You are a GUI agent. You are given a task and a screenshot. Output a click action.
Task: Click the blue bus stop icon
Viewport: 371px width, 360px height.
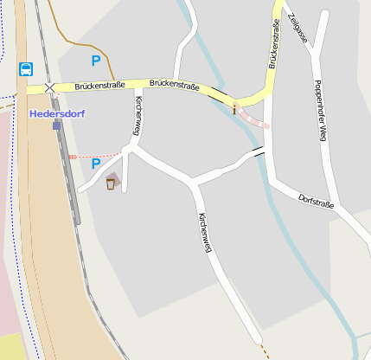(25, 68)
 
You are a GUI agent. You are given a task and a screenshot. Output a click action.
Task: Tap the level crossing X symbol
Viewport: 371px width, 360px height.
(49, 88)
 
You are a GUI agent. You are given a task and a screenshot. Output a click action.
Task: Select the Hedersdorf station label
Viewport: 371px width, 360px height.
(56, 113)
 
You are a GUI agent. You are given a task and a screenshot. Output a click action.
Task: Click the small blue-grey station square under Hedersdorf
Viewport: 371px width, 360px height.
(57, 125)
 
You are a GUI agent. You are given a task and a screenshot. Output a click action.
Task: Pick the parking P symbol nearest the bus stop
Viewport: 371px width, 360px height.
(96, 61)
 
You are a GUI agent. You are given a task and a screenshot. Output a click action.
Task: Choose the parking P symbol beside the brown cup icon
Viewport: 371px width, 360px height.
(96, 163)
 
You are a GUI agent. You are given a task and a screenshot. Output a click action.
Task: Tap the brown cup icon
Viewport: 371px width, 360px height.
(111, 183)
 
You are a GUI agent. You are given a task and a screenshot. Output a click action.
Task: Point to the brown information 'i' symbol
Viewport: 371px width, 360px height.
(234, 109)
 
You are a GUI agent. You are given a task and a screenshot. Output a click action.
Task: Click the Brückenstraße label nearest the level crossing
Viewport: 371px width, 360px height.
(99, 86)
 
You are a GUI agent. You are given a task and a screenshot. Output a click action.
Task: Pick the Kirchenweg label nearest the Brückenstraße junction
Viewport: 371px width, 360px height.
(138, 116)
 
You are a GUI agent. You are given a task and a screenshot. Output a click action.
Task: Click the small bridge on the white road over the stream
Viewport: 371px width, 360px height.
(257, 152)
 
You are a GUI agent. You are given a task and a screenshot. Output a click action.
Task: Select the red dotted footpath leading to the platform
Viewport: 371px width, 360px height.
(95, 156)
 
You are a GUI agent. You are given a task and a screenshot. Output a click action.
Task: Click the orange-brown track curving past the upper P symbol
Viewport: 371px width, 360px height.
(78, 41)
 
